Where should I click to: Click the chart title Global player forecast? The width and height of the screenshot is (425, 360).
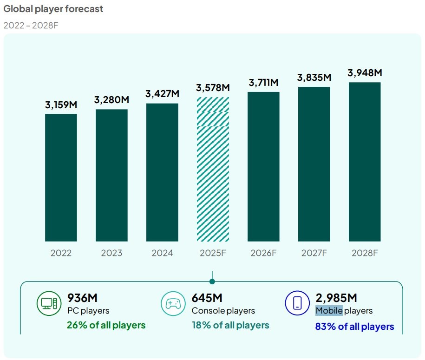(x=53, y=9)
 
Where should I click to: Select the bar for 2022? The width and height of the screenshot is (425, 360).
(x=61, y=177)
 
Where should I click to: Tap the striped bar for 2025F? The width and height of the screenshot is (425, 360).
(x=213, y=169)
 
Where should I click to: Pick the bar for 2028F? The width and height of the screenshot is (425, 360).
(x=365, y=162)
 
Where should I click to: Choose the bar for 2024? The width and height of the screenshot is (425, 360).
(x=162, y=172)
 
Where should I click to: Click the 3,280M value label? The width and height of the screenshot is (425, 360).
(x=111, y=100)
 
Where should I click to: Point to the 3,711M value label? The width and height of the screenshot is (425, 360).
(x=263, y=83)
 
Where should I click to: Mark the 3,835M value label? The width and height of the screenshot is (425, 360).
(x=314, y=78)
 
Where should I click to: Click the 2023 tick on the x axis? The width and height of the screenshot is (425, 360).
(x=111, y=253)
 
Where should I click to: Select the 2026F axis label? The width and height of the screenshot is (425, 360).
(x=263, y=253)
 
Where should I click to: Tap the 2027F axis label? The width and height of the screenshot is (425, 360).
(x=314, y=253)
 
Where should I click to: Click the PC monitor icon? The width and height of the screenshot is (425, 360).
(x=49, y=303)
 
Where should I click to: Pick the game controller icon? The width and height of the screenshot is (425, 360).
(x=173, y=303)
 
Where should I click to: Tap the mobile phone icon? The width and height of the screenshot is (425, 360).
(x=297, y=303)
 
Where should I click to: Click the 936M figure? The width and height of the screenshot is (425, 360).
(x=82, y=298)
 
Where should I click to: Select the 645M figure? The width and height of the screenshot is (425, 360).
(x=207, y=298)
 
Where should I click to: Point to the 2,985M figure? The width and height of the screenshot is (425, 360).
(x=336, y=298)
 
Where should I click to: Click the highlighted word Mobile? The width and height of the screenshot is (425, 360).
(x=329, y=311)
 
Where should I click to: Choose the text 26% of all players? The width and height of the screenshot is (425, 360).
(x=106, y=325)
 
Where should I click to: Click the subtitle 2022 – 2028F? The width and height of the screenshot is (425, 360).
(x=30, y=25)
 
